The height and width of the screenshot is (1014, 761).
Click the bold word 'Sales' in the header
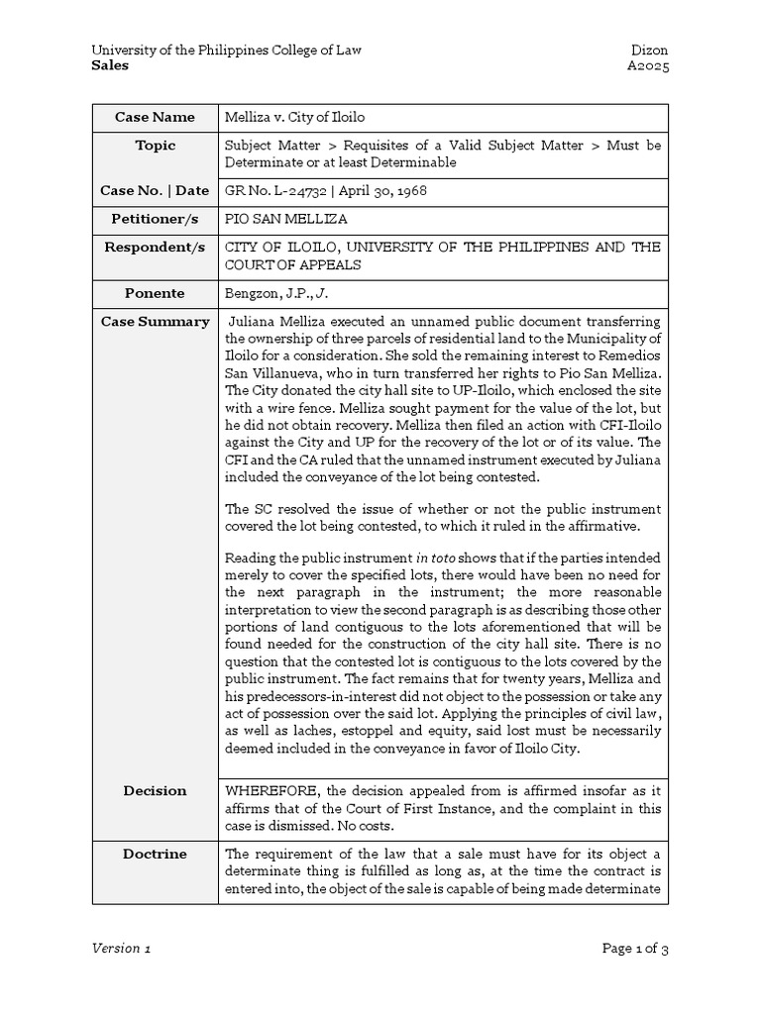(x=110, y=65)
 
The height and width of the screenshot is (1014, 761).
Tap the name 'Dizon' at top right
(x=649, y=50)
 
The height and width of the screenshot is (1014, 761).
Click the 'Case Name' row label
(x=155, y=117)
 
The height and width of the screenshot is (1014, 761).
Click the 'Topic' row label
(x=155, y=146)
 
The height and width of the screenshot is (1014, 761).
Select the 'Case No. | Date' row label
(x=155, y=190)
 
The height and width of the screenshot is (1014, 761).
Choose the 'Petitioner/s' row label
(x=155, y=219)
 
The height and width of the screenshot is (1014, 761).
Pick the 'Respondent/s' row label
(x=155, y=247)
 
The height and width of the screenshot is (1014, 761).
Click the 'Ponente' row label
(x=155, y=293)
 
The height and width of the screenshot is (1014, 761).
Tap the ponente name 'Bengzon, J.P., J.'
(x=275, y=294)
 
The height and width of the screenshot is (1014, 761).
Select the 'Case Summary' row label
(x=155, y=321)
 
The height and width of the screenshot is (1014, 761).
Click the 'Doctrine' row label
(x=155, y=853)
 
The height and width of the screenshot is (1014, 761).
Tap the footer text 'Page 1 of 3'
(x=635, y=949)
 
